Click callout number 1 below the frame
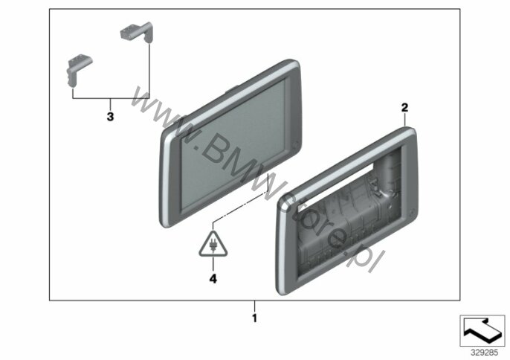coord(255,318)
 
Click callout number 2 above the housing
coord(404,107)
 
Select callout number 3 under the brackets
coord(110,117)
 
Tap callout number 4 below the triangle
coord(213,279)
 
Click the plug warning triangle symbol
coord(213,245)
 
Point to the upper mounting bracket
coord(137,32)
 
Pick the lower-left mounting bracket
coord(78,70)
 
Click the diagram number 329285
coord(484,353)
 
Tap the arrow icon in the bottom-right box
coord(482,330)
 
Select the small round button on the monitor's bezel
coord(295,144)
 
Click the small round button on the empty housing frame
coord(412,211)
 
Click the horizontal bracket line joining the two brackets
coord(111,98)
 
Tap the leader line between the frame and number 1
coord(255,306)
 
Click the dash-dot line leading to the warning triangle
coord(239,208)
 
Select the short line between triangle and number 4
coord(213,265)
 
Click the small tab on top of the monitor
coord(232,88)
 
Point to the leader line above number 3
coord(110,104)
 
